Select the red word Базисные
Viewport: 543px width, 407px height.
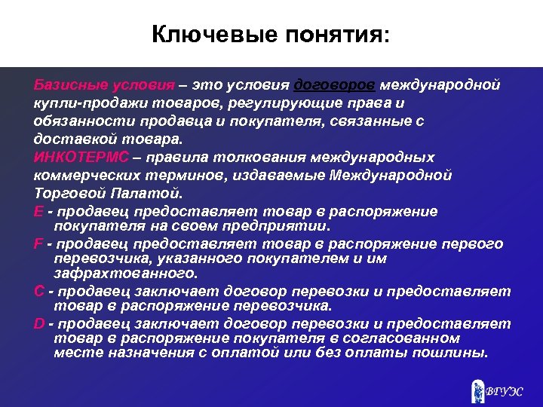pos(67,84)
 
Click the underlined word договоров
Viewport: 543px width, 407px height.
pos(335,84)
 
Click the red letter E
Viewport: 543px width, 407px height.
pos(38,213)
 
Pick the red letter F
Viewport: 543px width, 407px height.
pos(38,244)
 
